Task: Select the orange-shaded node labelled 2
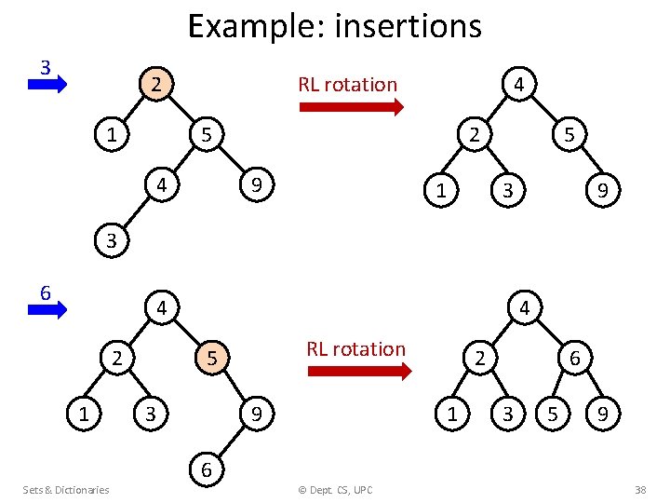(x=158, y=84)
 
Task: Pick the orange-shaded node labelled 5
(x=212, y=357)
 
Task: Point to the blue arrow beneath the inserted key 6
(x=47, y=310)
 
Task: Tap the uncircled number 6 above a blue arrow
(x=45, y=292)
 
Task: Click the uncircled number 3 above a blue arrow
(x=45, y=67)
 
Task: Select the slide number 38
(x=639, y=490)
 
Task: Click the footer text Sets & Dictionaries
(x=66, y=490)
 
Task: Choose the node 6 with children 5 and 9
(x=575, y=357)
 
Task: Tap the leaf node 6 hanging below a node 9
(x=207, y=472)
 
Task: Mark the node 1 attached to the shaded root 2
(x=112, y=135)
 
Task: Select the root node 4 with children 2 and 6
(x=524, y=306)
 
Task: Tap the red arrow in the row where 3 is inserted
(x=351, y=106)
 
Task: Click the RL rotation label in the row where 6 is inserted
(x=356, y=349)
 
